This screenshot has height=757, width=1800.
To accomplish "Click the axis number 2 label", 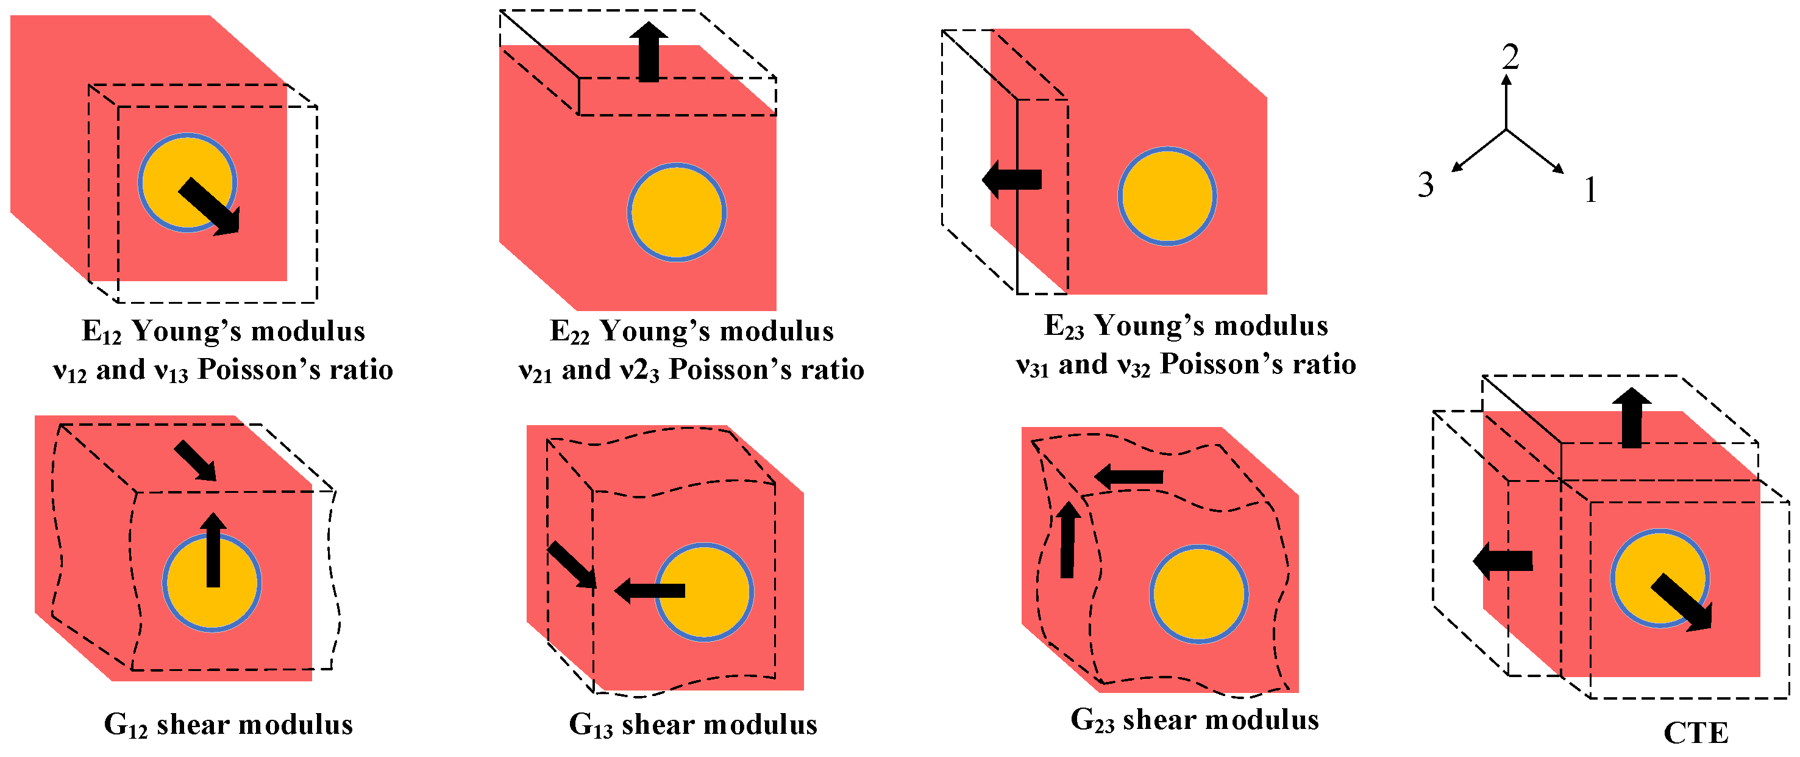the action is [x=1510, y=57].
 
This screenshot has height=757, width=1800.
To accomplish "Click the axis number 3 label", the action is [x=1426, y=185].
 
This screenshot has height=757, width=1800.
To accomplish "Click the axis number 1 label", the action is [x=1590, y=190].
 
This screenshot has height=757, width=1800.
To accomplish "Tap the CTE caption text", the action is [x=1696, y=733].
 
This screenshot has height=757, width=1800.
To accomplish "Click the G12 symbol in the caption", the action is [x=126, y=725].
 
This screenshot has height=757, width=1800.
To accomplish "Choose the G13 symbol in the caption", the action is [x=591, y=725].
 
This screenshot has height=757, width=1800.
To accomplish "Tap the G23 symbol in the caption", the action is [x=1093, y=720].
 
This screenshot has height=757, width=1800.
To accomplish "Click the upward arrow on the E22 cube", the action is [x=649, y=52].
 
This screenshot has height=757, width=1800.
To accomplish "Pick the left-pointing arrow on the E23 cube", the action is [x=1012, y=179].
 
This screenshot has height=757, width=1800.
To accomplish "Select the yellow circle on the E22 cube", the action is [x=677, y=212].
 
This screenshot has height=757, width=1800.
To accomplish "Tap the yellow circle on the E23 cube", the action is [x=1167, y=196].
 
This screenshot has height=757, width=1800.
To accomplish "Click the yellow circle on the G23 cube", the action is [x=1199, y=594].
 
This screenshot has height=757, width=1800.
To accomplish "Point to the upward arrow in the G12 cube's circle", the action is [x=213, y=550].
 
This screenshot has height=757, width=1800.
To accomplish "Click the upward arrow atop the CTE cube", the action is [x=1632, y=418].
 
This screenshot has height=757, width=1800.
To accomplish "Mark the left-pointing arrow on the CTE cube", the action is [x=1503, y=561].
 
